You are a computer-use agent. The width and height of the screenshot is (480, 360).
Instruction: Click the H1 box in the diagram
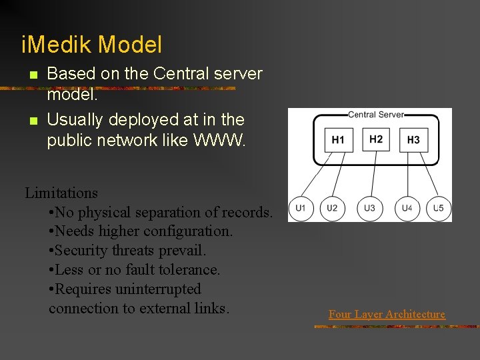[x=338, y=140]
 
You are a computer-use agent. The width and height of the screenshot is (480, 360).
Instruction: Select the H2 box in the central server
[x=376, y=139]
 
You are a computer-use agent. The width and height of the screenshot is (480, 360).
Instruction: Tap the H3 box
[x=413, y=140]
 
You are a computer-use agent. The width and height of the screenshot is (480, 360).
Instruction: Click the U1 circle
[x=301, y=208]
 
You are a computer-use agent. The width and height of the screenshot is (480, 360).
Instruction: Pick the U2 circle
[x=332, y=208]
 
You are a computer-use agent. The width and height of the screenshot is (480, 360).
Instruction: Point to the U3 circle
[x=369, y=208]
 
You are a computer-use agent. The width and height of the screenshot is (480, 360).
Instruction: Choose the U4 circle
[x=407, y=208]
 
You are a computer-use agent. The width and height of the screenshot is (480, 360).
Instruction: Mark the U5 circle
[x=438, y=208]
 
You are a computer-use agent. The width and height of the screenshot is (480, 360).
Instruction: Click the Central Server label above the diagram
[x=376, y=114]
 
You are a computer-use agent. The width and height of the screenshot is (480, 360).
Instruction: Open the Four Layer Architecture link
[x=387, y=314]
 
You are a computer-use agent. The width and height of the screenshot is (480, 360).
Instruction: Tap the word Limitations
[x=61, y=193]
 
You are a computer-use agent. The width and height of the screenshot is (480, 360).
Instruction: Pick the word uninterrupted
[x=158, y=289]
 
